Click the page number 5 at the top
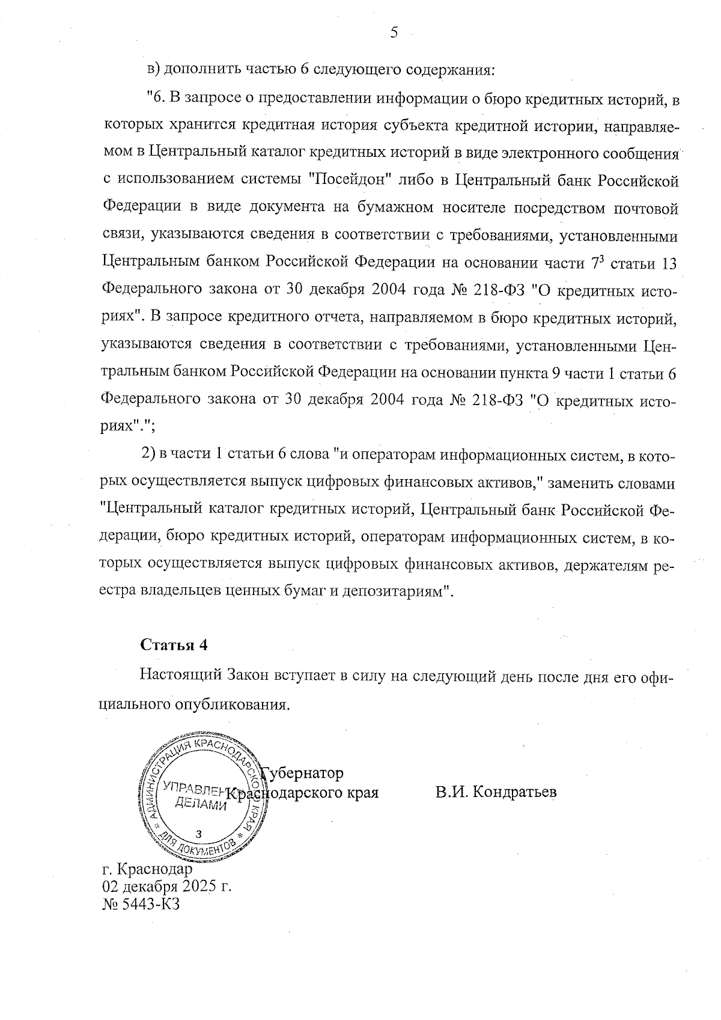[x=394, y=33]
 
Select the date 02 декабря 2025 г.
[x=167, y=887]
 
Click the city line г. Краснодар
[x=148, y=869]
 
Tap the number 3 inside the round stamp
[x=199, y=834]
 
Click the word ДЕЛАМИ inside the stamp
[x=200, y=805]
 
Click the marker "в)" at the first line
[x=154, y=69]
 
